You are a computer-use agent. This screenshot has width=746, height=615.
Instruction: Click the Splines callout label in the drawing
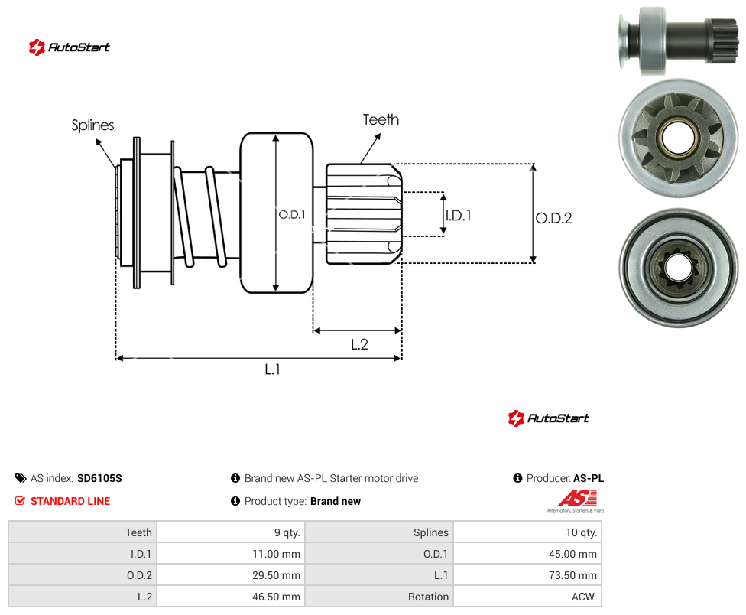tap(92, 125)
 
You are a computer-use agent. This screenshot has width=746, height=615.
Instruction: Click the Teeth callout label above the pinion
tap(381, 119)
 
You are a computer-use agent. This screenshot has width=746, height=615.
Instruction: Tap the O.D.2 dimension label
tap(554, 218)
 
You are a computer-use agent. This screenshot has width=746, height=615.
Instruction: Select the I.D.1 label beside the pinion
tap(459, 216)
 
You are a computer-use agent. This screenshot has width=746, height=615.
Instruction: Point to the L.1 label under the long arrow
tap(273, 369)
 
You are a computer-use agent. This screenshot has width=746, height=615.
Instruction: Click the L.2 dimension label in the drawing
tap(359, 344)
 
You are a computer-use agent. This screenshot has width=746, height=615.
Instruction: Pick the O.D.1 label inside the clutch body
tap(292, 215)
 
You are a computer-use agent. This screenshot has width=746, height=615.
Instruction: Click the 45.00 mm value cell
tap(527, 554)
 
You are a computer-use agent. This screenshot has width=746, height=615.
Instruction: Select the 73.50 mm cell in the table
tap(527, 575)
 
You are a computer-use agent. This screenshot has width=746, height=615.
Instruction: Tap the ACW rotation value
tap(582, 597)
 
